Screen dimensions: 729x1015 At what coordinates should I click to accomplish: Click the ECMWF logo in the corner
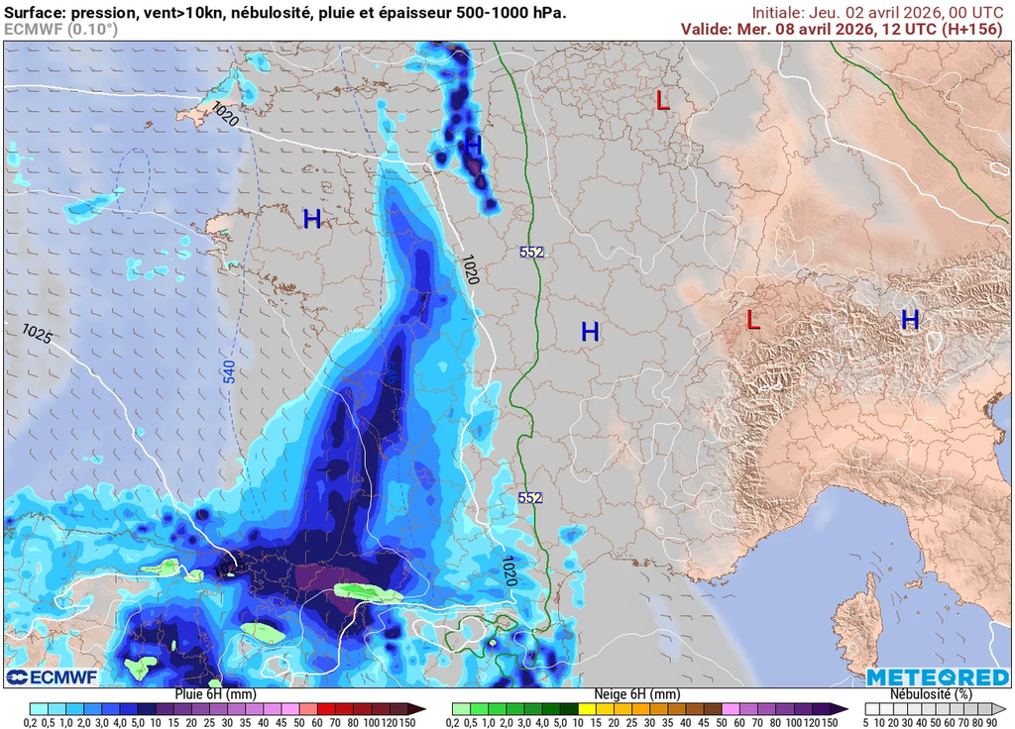(x=51, y=677)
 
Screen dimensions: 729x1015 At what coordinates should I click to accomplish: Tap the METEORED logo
(x=937, y=677)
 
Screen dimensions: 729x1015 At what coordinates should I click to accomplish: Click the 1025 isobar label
(x=37, y=334)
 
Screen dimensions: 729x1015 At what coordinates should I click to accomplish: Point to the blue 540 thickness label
(x=229, y=372)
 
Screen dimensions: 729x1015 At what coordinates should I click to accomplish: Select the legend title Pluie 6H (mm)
(x=215, y=694)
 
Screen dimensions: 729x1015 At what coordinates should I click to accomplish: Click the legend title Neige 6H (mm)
(x=636, y=694)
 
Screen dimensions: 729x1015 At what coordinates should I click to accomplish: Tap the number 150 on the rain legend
(x=405, y=723)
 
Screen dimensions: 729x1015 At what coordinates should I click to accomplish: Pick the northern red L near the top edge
(x=663, y=99)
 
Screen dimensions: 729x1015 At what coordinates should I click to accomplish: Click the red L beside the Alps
(x=753, y=320)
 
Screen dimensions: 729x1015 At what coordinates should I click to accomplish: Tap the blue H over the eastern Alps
(x=909, y=320)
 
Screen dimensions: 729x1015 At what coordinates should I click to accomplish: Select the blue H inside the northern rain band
(x=473, y=145)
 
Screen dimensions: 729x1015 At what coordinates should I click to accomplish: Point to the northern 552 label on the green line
(x=531, y=253)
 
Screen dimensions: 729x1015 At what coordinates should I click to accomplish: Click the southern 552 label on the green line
(x=530, y=497)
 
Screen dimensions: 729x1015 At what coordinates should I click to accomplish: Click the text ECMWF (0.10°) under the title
(x=59, y=29)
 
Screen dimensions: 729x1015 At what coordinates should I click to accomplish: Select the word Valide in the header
(x=706, y=29)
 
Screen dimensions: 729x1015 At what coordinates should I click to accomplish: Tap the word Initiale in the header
(x=779, y=12)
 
